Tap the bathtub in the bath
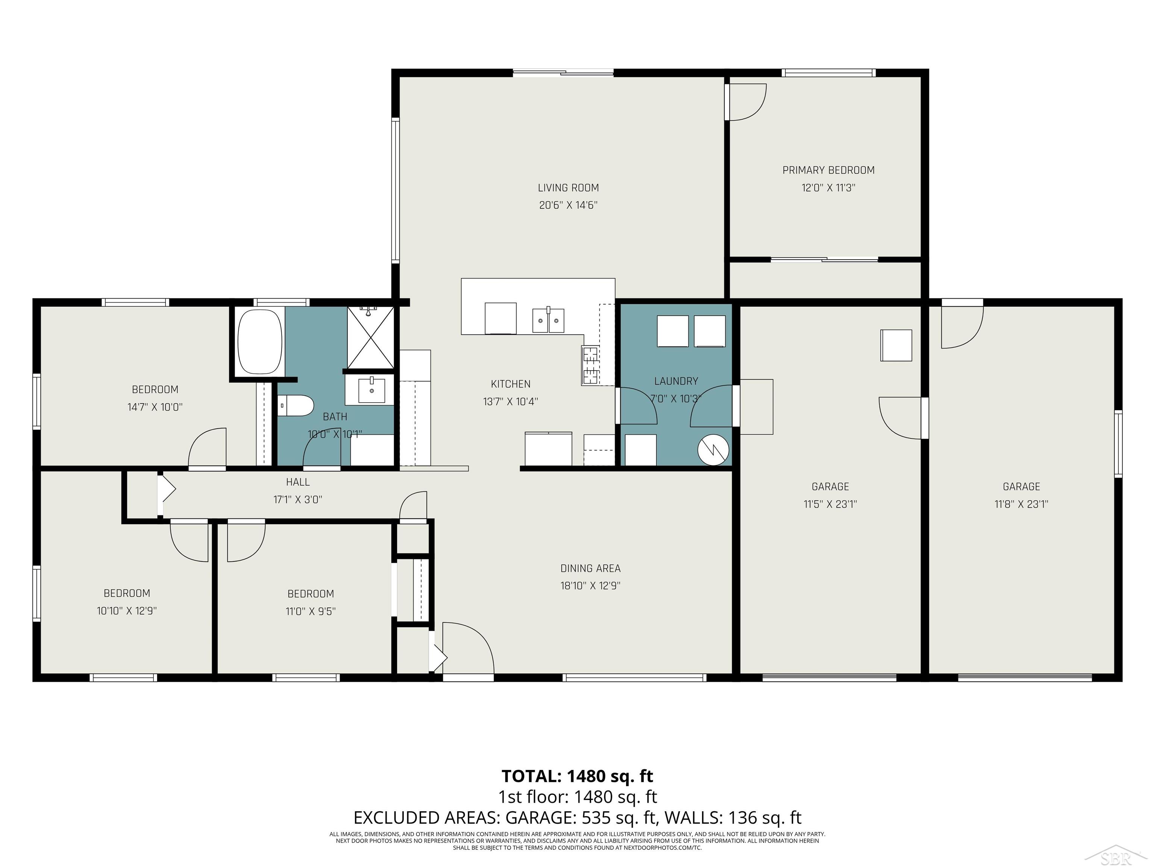259,341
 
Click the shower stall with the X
371,338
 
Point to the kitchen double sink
548,320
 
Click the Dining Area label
590,568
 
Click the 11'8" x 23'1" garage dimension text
1021,504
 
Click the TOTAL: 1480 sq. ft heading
577,776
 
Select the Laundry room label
676,381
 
